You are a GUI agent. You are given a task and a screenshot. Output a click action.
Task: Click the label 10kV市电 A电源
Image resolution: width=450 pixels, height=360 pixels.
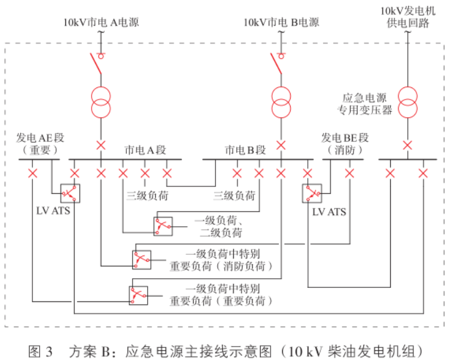pyautogui.click(x=101, y=23)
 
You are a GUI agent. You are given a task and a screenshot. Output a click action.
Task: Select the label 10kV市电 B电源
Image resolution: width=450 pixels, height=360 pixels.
pyautogui.click(x=281, y=23)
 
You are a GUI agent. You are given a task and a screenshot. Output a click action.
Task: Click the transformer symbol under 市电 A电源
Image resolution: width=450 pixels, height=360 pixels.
pyautogui.click(x=101, y=101)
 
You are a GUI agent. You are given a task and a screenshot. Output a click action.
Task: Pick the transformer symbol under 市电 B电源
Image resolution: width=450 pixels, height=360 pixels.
pyautogui.click(x=281, y=101)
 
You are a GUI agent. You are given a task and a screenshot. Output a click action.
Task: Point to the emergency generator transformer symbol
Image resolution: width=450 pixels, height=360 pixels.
pyautogui.click(x=407, y=101)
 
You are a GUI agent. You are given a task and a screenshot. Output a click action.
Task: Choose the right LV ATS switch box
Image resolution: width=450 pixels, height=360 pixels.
pyautogui.click(x=312, y=194)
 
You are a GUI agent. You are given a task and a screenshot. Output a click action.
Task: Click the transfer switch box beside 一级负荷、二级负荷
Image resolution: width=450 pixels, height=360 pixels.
pyautogui.click(x=163, y=227)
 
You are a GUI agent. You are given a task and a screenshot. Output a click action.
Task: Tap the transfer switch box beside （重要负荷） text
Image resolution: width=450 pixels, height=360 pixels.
pyautogui.click(x=138, y=295)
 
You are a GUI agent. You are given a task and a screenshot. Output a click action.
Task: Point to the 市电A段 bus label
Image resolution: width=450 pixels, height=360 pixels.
pyautogui.click(x=145, y=149)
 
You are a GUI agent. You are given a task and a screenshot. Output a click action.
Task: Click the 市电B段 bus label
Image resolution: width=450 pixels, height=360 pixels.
pyautogui.click(x=245, y=149)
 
